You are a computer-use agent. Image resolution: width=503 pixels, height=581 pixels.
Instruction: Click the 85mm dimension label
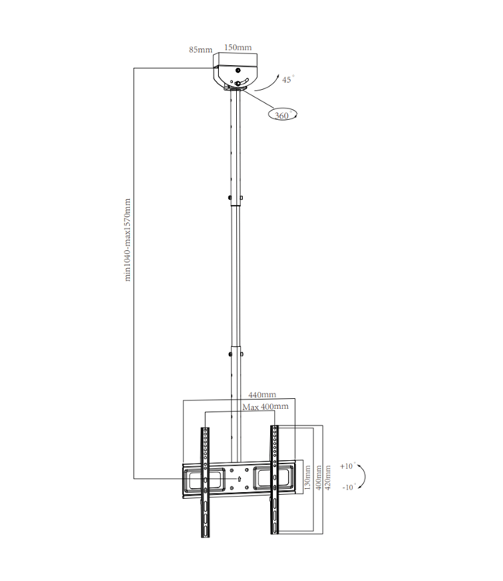(200, 50)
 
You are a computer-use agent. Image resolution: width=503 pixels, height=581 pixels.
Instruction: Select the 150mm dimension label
(238, 47)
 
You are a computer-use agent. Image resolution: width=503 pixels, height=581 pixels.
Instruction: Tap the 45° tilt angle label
(287, 80)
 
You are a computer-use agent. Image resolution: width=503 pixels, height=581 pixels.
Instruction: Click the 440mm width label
(263, 394)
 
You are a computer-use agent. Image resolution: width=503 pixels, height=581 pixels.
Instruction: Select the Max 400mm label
(265, 406)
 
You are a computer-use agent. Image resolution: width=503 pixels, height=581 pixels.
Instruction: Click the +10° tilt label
(346, 466)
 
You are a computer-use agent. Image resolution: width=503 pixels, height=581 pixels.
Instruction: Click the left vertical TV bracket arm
(205, 480)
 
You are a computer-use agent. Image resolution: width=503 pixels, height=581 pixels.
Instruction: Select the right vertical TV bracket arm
(274, 480)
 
